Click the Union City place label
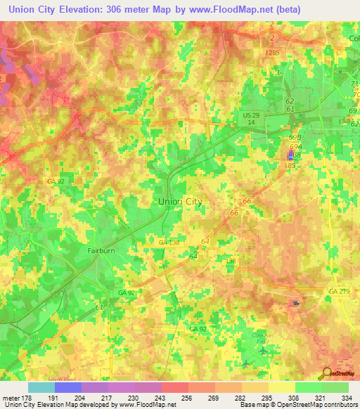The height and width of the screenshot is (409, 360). pos(180,201)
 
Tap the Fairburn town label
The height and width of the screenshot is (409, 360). pos(101,249)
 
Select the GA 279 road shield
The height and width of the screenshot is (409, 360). pos(338,290)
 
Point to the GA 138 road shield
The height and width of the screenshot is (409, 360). pos(169,242)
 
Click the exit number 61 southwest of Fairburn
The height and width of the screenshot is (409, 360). pos(99,307)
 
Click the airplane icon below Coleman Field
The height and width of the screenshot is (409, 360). pos(263,349)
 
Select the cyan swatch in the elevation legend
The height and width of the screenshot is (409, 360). pos(41,387)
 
